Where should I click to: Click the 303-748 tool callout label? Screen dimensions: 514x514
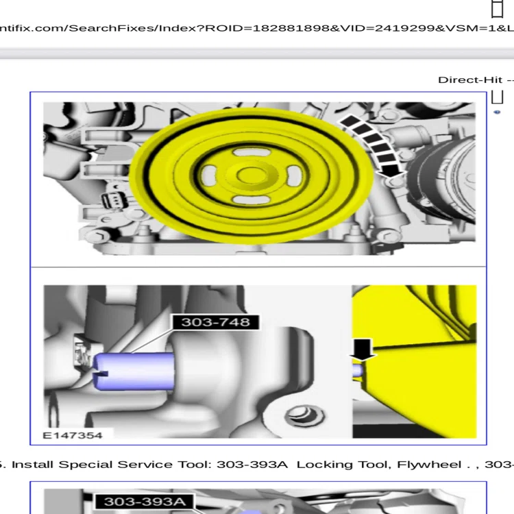pos(216,322)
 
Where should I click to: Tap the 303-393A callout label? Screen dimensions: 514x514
pos(145,502)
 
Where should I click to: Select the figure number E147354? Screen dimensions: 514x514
pos(73,435)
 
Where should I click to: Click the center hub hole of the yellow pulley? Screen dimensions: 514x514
pos(251,175)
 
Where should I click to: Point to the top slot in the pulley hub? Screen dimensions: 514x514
pos(252,152)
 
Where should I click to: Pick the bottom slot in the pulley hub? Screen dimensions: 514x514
pos(251,199)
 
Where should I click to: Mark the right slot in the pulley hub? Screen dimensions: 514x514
pos(294,175)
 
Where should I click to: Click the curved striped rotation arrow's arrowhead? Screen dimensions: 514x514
pos(392,171)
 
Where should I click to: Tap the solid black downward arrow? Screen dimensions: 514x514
pos(363,350)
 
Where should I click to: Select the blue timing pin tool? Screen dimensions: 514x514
pos(134,371)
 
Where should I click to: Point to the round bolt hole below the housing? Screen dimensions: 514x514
pos(304,416)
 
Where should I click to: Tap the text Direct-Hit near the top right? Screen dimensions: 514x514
pos(470,80)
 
